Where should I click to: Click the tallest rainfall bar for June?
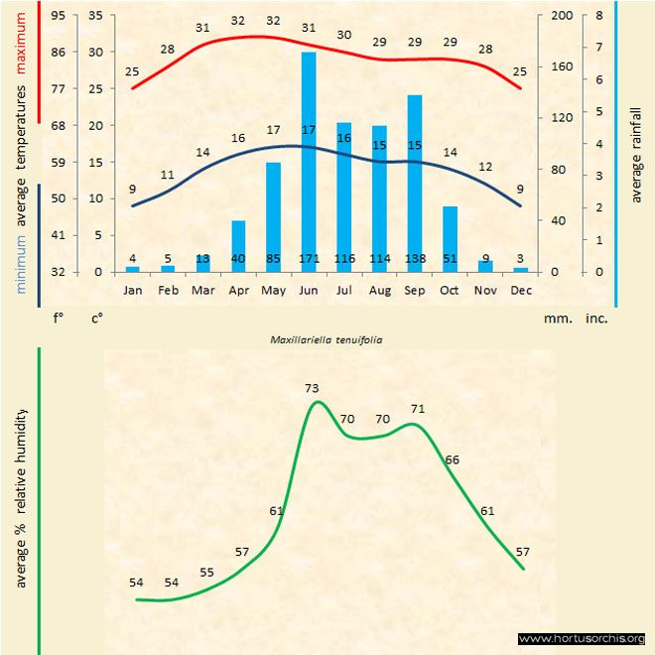(309, 159)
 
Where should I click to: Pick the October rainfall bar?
(451, 238)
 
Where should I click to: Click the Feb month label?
(168, 290)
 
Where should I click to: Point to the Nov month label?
(485, 290)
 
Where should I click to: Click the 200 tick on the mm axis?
(562, 16)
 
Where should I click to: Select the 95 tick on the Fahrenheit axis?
(60, 16)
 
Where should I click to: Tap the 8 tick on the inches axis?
(601, 16)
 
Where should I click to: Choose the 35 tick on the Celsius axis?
(95, 16)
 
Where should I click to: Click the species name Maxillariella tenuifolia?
(327, 338)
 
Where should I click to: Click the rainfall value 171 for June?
(309, 259)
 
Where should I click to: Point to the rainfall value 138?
(415, 259)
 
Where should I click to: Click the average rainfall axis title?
(636, 153)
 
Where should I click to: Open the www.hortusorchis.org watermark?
(582, 638)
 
